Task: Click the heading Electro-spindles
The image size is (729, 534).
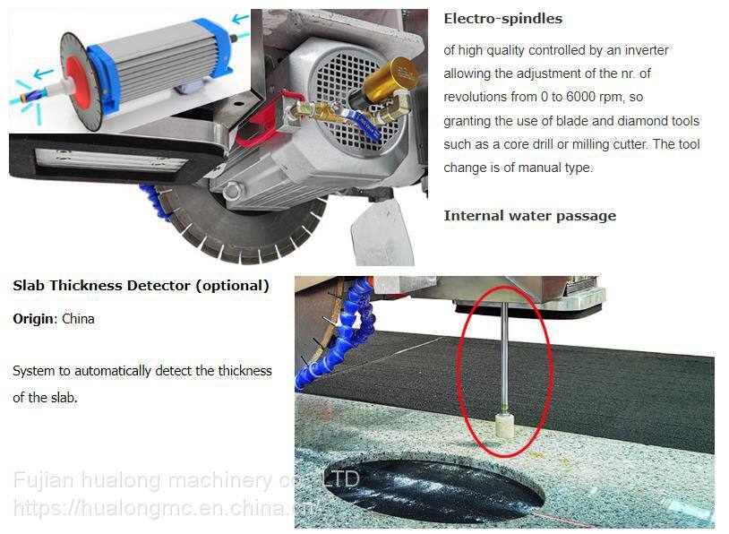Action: (x=502, y=19)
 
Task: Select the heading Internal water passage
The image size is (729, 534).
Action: (x=529, y=216)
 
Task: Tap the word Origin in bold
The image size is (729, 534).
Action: (x=33, y=319)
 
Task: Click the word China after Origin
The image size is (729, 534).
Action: (x=78, y=319)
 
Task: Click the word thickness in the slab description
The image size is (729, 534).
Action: (x=245, y=371)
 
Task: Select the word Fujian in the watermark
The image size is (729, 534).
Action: (x=44, y=480)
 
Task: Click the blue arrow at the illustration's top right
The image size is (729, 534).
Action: (x=240, y=19)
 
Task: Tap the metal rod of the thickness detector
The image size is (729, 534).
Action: (x=504, y=353)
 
